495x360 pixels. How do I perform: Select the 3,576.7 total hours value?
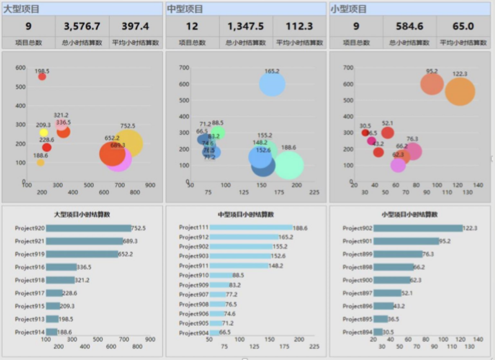coord(82,26)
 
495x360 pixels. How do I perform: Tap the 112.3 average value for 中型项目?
coord(299,26)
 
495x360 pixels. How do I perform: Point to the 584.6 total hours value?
coord(410,26)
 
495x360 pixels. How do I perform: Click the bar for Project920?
coord(88,228)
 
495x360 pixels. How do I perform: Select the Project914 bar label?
coord(30,332)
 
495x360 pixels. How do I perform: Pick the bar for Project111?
coord(251,227)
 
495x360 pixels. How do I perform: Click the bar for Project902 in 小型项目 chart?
coord(418,228)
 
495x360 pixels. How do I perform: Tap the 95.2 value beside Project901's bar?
coord(445,242)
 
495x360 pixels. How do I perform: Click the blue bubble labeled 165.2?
coord(272,84)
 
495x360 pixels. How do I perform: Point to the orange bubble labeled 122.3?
coord(460,91)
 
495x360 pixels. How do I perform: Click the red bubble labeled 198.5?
coord(42,77)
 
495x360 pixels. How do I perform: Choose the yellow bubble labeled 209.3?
coord(44,133)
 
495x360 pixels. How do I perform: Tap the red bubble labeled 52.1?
coord(387,133)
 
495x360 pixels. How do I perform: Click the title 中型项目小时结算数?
coord(246,214)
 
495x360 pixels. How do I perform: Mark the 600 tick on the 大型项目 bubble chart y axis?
coord(20,68)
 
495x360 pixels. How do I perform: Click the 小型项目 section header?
coord(349,9)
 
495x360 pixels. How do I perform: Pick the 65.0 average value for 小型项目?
coord(463,26)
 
